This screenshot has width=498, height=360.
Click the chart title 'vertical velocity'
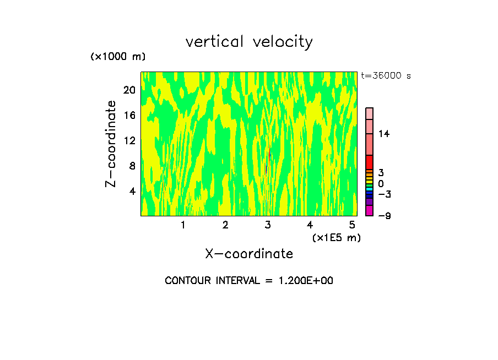[x=249, y=42]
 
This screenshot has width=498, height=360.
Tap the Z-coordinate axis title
[x=111, y=144]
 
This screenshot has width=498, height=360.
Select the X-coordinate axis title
[x=249, y=254]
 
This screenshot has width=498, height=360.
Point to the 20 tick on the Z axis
[x=129, y=90]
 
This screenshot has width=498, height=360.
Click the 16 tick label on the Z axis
[x=129, y=115]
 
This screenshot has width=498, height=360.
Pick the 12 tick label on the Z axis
[x=129, y=140]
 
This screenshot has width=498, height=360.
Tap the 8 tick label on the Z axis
[x=132, y=166]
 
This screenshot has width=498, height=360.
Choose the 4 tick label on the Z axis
[x=132, y=191]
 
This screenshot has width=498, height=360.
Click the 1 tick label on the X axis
[x=183, y=225]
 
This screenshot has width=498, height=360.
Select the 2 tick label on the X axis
[x=225, y=225]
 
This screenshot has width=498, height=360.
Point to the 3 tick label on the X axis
[x=268, y=225]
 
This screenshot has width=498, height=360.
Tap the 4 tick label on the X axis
[x=310, y=225]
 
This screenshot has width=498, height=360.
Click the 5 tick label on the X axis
[x=353, y=225]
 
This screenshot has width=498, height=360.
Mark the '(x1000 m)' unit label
[x=118, y=57]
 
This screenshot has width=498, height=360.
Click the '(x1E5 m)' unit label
[x=336, y=237]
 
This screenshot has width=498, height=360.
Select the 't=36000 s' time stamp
[x=386, y=76]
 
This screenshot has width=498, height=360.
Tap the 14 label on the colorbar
[x=384, y=134]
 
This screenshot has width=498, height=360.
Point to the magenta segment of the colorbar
[x=370, y=210]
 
